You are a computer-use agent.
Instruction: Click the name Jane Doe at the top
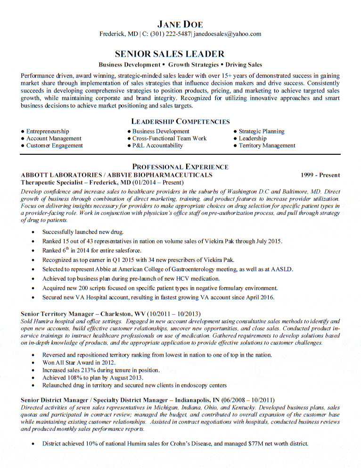[180, 24]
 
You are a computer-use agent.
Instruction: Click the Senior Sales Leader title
[170, 54]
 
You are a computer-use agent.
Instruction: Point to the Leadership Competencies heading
[180, 121]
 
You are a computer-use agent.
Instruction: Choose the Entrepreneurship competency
[48, 132]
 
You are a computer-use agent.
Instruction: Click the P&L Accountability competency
[157, 146]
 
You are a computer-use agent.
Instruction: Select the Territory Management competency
[267, 146]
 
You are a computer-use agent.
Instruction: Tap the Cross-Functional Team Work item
[170, 139]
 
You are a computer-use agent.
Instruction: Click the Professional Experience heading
[180, 167]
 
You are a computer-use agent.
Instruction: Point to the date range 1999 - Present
[320, 175]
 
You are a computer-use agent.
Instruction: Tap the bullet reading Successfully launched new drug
[83, 232]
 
